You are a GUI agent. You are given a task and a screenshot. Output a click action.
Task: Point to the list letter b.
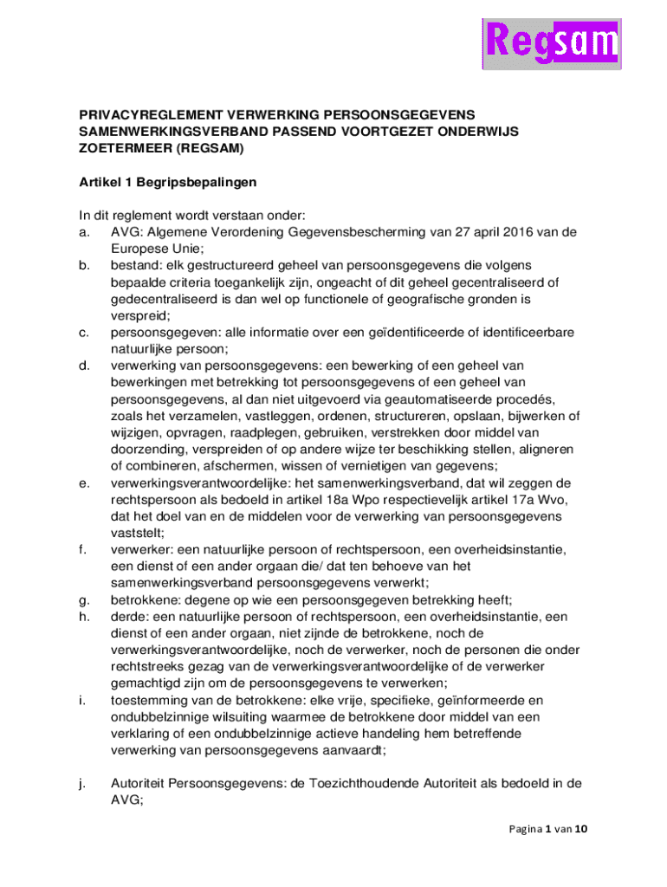84,265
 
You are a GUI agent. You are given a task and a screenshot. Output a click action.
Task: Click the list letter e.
84,482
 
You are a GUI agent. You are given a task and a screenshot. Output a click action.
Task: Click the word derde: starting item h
131,616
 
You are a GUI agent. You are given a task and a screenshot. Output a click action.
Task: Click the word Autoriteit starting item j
141,783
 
